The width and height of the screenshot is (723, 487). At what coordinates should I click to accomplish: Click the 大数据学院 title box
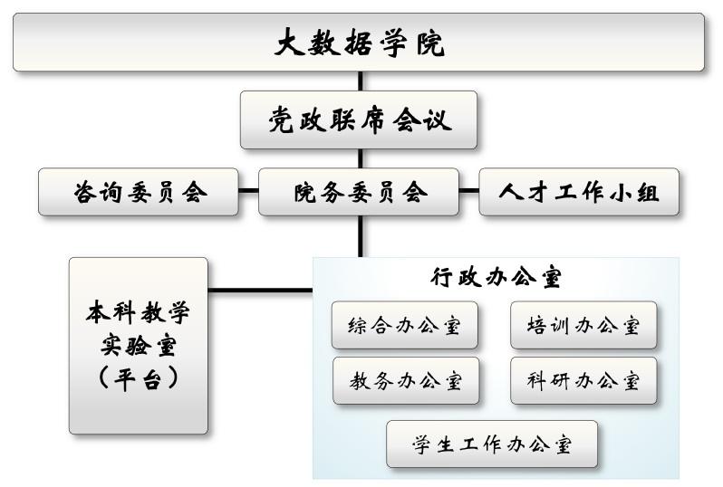coord(360,43)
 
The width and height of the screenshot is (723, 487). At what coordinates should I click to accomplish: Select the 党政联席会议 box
coord(359,119)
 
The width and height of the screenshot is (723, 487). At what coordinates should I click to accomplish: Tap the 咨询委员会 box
coord(139,191)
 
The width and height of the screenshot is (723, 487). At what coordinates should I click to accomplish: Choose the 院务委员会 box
coord(359,191)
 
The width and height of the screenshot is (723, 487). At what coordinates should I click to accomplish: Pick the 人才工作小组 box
coord(579,191)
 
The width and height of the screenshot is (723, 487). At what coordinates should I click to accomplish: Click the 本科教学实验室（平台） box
coord(139,345)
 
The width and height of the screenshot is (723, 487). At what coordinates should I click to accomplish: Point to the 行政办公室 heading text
coord(496,277)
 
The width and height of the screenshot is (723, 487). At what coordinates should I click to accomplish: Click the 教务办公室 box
coord(405,380)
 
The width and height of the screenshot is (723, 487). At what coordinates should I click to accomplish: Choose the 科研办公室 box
coord(583,380)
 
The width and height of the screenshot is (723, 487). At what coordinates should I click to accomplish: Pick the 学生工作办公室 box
coord(491,444)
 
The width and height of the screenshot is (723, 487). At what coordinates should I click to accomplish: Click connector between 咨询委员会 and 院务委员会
coord(249,191)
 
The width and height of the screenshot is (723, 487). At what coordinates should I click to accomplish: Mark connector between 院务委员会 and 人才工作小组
coord(468,191)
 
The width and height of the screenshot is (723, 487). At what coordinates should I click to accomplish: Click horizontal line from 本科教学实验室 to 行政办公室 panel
coord(260,291)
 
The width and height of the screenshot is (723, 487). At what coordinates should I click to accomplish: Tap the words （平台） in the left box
coord(139,377)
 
